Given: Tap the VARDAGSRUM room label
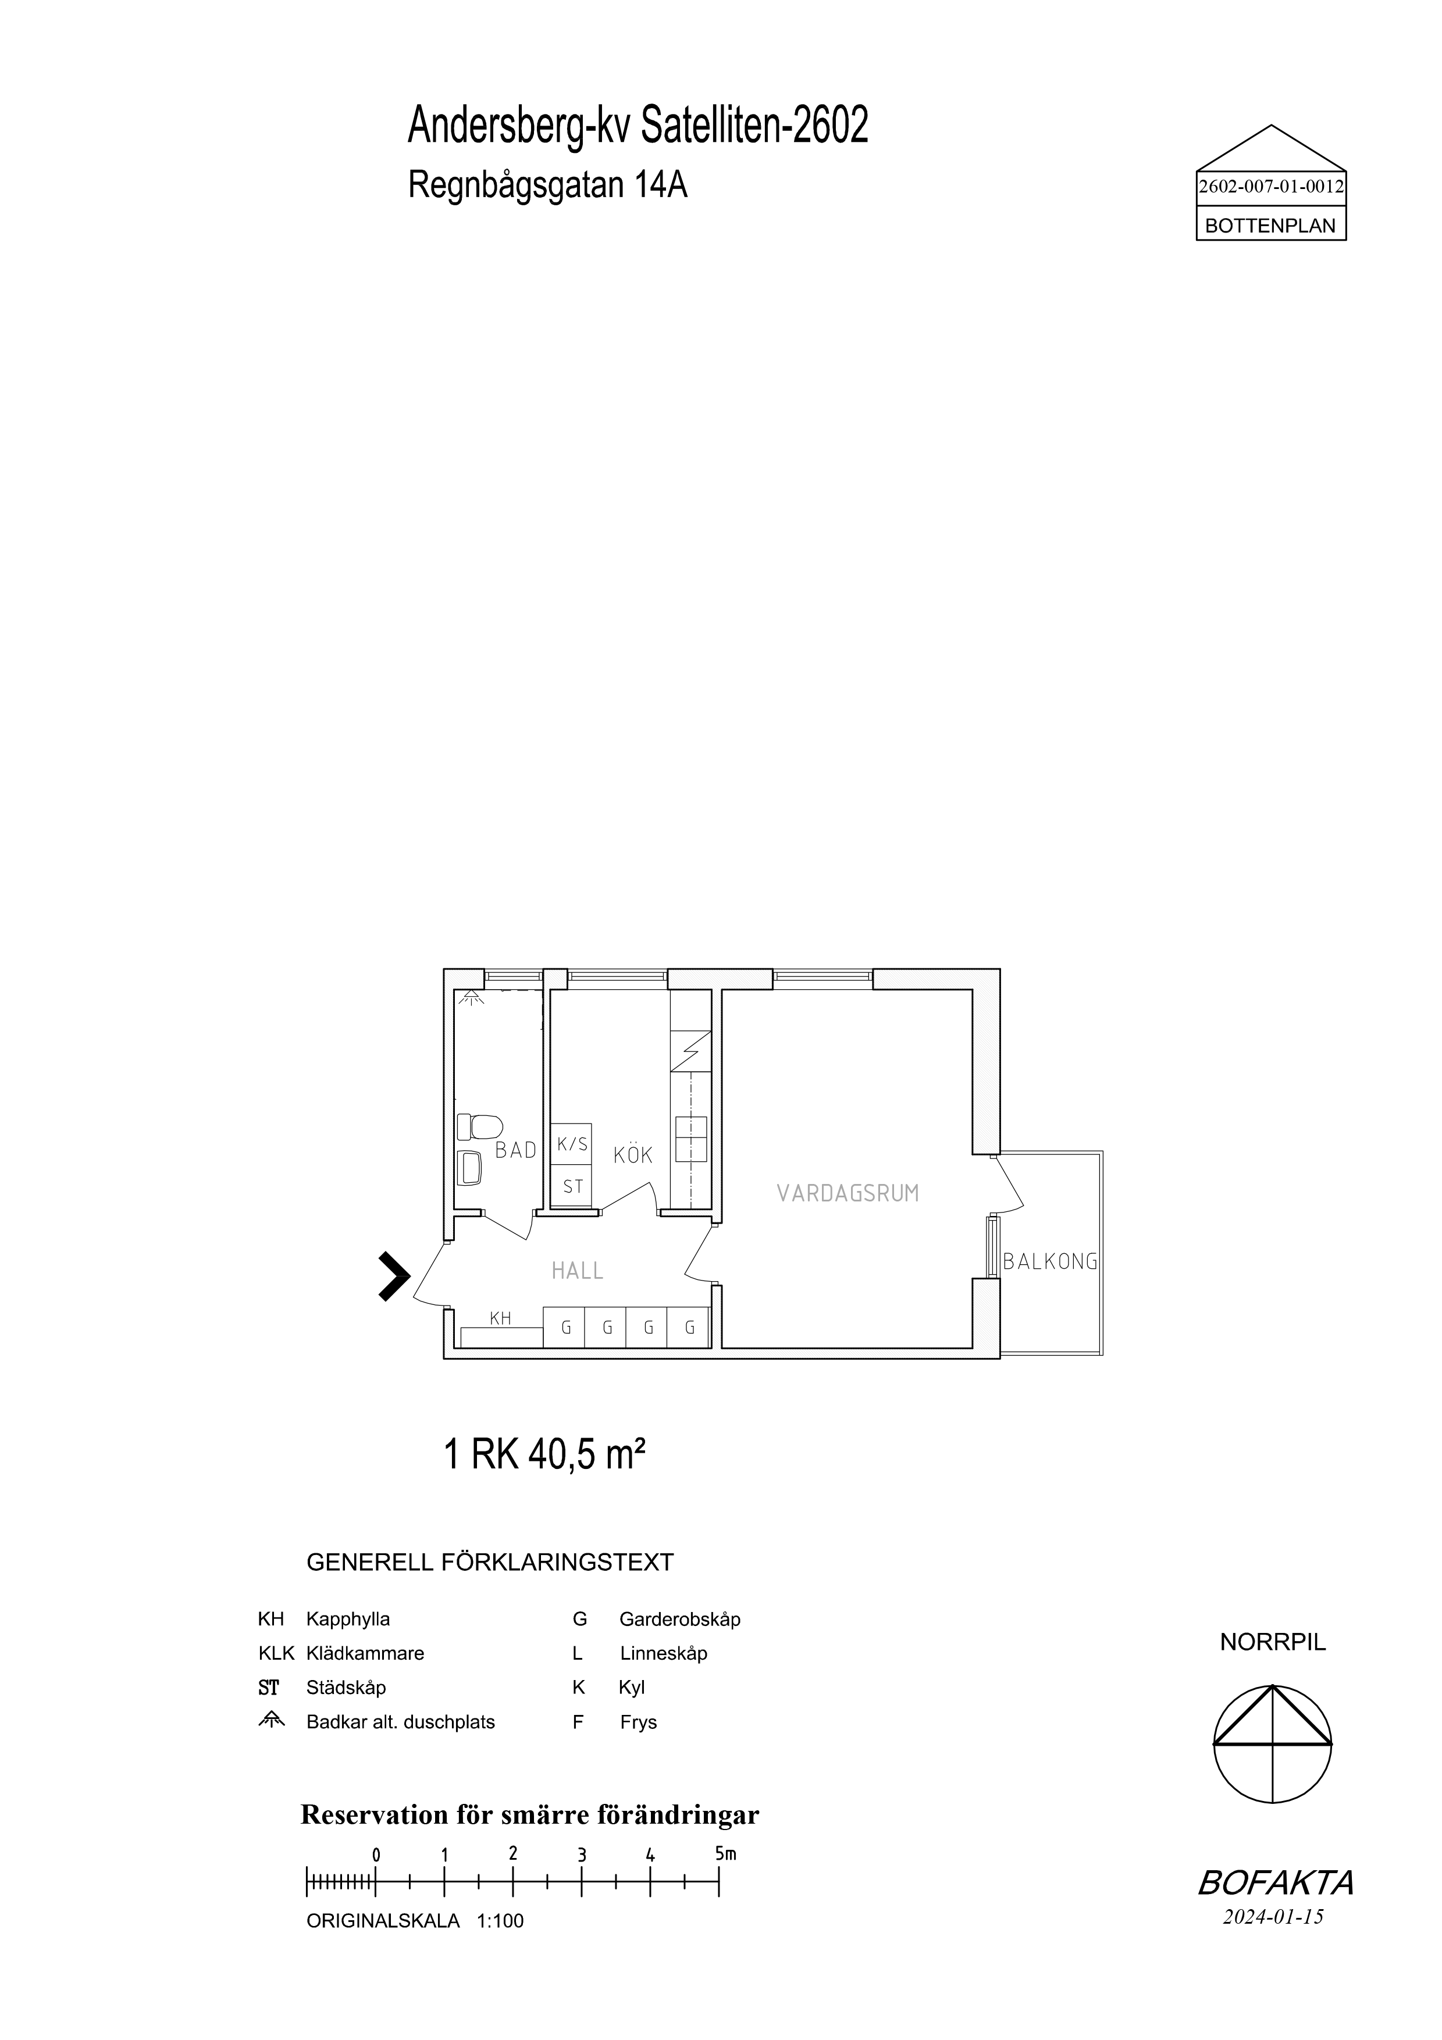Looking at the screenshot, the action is pos(848,1193).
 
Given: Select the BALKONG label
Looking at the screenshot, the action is pos(1050,1262).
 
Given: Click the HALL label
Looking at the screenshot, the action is pos(578,1271).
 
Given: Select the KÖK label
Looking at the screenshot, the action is pos(633,1155).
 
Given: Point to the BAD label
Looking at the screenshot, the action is pos(516,1150).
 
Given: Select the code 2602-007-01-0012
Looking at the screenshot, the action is pos(1272,187).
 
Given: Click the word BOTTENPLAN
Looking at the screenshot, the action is pos(1270,226).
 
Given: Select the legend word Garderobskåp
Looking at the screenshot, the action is pos(679,1619).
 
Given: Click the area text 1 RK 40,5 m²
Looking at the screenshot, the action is pos(544,1456).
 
